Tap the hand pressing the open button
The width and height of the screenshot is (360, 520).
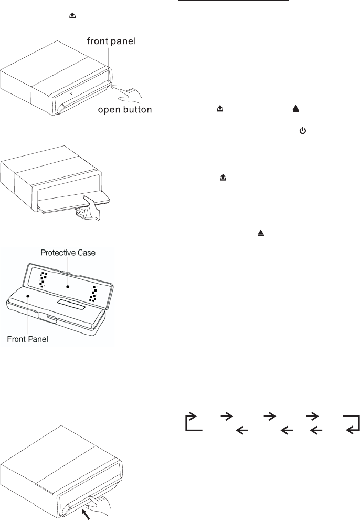click(125, 93)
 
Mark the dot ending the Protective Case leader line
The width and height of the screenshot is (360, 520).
click(68, 287)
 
